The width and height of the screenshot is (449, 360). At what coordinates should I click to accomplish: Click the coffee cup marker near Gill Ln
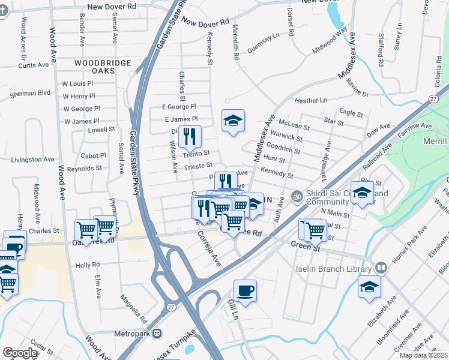[x=245, y=292]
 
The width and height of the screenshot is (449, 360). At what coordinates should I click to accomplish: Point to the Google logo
[x=20, y=353]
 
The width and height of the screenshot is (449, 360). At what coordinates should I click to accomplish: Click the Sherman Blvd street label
[x=28, y=93]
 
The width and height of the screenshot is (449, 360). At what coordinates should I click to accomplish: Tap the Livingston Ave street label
[x=32, y=160]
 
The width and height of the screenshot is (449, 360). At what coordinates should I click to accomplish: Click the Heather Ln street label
[x=310, y=100]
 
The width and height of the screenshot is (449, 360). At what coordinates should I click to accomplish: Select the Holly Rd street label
[x=87, y=265]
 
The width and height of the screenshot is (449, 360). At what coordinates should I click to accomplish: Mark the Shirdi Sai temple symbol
[x=295, y=196]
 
